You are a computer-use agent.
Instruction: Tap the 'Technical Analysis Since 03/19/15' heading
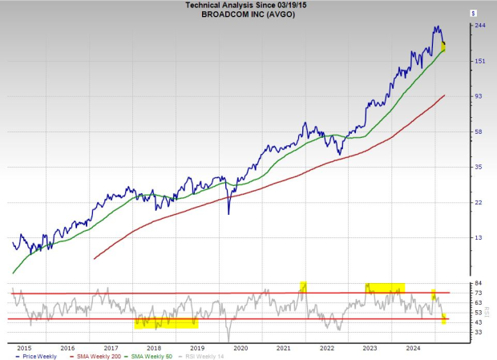click(248, 5)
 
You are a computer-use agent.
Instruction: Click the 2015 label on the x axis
click(24, 348)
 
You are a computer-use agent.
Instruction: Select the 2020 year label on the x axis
click(240, 348)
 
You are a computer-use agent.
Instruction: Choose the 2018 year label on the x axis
click(154, 348)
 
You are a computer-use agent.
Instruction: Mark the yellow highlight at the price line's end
click(443, 47)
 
